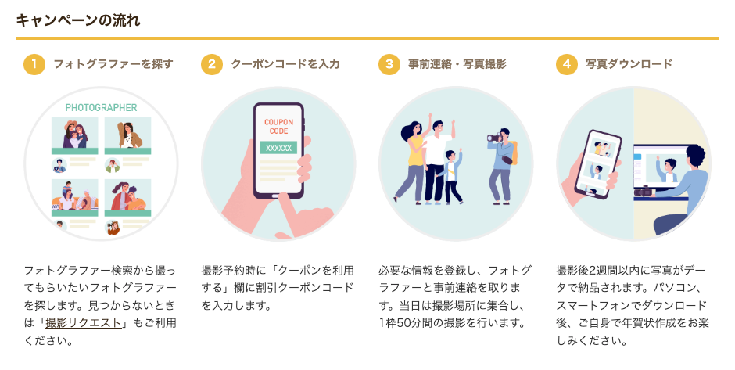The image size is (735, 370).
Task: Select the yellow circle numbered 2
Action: click(x=212, y=64)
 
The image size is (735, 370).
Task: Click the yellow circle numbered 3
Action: click(x=389, y=64)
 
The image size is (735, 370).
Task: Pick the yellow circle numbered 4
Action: click(x=567, y=64)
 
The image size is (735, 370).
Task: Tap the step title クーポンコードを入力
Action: click(x=285, y=64)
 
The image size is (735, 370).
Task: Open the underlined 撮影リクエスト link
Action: click(x=84, y=322)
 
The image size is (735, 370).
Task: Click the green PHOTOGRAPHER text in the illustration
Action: click(x=101, y=107)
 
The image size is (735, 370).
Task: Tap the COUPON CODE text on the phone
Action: click(x=278, y=127)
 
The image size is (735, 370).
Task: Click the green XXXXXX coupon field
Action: click(x=278, y=147)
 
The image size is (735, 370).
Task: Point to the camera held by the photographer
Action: click(x=495, y=138)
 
